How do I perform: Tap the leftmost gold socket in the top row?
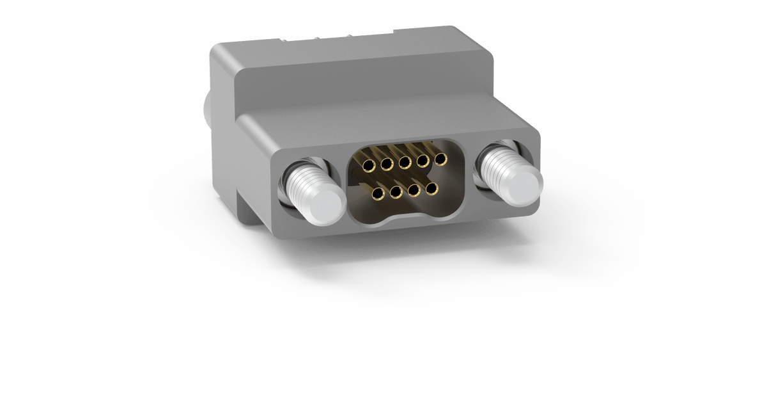pos(368,166)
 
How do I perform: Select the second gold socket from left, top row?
pos(386,165)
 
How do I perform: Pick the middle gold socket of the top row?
pos(404,163)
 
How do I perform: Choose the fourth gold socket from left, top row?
pos(423,160)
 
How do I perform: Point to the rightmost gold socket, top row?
pos(440,157)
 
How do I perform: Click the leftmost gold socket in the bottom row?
pos(378,193)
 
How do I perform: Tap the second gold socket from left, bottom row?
pos(396,191)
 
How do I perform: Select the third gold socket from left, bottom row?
pos(414,189)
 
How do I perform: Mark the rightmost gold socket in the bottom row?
pos(431,188)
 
